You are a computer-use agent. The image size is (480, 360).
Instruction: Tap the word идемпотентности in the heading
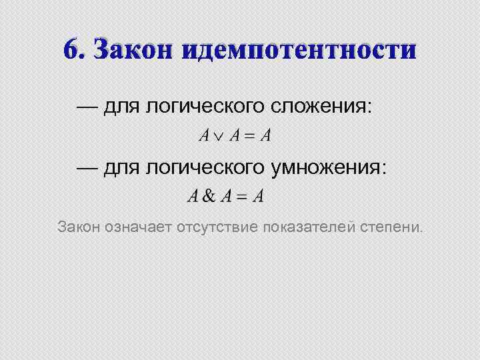click(x=297, y=49)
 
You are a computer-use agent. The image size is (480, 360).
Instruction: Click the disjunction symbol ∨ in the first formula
click(x=219, y=137)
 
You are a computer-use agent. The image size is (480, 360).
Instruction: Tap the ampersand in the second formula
click(x=209, y=197)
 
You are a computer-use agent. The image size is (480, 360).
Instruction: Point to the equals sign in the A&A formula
click(x=243, y=197)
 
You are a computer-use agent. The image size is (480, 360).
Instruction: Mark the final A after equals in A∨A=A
click(x=266, y=137)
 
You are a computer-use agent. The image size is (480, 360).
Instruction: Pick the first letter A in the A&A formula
click(x=193, y=197)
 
